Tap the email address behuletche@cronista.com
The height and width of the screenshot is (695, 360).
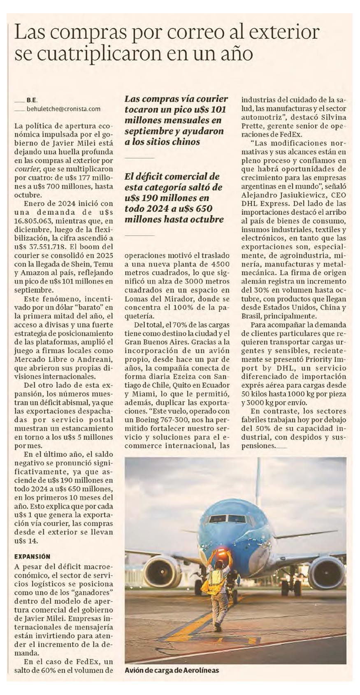tap(63, 109)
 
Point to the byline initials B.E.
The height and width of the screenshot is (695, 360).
tap(32, 100)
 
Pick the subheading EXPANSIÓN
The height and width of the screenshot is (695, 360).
tap(32, 556)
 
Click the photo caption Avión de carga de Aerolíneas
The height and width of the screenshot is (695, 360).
tap(172, 670)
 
